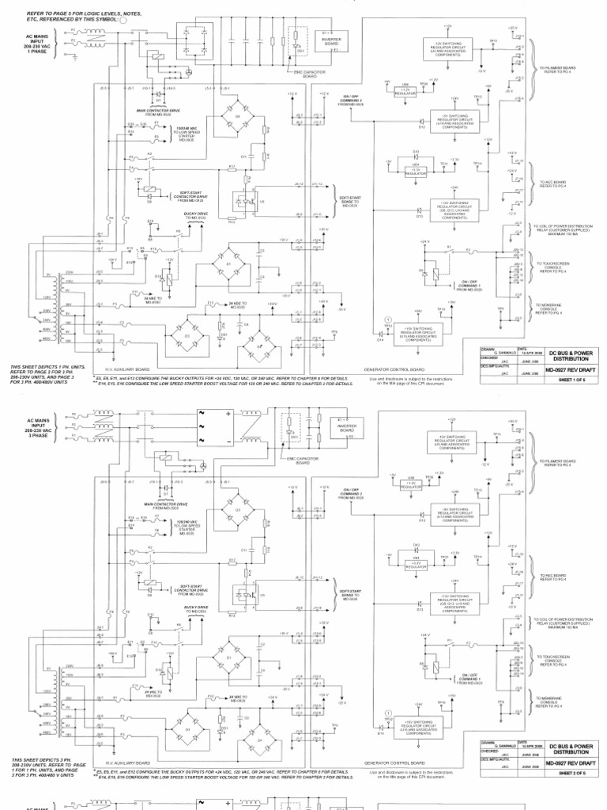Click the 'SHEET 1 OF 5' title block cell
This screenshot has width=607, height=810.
(571, 379)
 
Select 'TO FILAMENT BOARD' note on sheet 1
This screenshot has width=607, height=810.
(559, 70)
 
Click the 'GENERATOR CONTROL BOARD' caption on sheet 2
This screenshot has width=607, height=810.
(394, 763)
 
